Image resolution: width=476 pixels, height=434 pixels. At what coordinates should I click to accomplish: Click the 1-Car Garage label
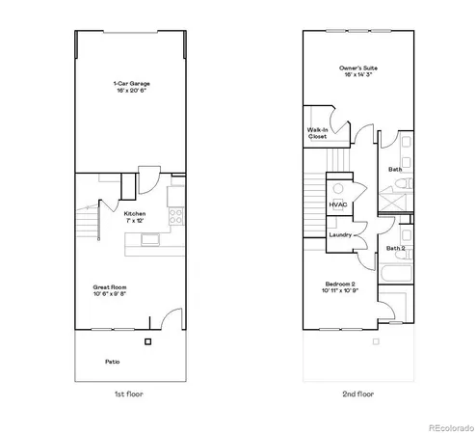(131, 84)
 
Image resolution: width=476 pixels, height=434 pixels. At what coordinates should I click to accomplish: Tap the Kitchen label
(134, 213)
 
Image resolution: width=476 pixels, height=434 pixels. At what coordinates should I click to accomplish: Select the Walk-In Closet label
(317, 133)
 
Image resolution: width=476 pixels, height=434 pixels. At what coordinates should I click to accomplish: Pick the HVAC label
(337, 204)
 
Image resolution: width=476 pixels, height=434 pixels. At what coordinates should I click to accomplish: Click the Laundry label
(339, 234)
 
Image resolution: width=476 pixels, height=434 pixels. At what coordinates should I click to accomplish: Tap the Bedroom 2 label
(340, 285)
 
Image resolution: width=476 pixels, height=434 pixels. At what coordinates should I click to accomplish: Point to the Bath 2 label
(396, 248)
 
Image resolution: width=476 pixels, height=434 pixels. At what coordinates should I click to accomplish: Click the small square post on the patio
(147, 342)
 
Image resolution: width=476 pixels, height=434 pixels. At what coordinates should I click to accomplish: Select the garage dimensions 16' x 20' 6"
(131, 90)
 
